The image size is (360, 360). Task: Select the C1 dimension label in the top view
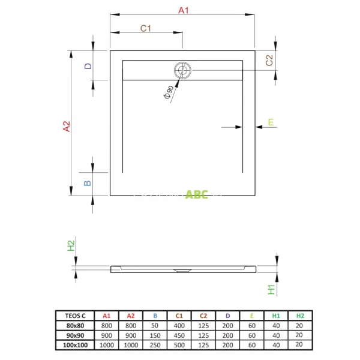[x=146, y=28]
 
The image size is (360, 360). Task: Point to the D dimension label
[x=88, y=66]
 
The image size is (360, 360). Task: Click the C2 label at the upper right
[x=269, y=60]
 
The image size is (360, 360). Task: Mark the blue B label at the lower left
[x=88, y=182]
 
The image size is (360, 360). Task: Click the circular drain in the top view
[x=182, y=70]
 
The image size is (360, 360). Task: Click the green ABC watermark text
[x=197, y=194]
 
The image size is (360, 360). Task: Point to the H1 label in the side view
[x=271, y=290]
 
